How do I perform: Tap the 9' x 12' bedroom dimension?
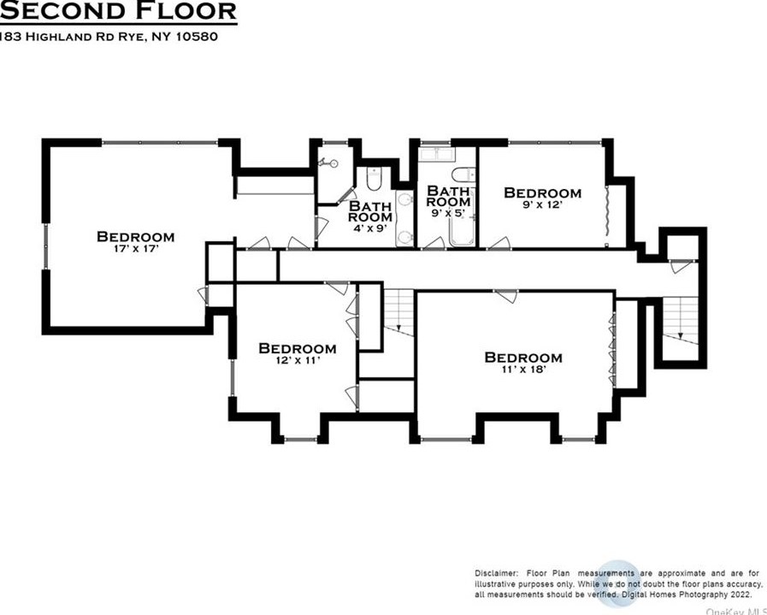542,206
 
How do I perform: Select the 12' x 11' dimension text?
297,362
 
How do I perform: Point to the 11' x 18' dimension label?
522,370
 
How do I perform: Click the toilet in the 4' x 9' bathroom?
373,179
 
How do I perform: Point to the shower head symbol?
325,162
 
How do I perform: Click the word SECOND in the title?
57,11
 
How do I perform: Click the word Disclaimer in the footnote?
495,572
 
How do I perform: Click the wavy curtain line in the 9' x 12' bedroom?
606,210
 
